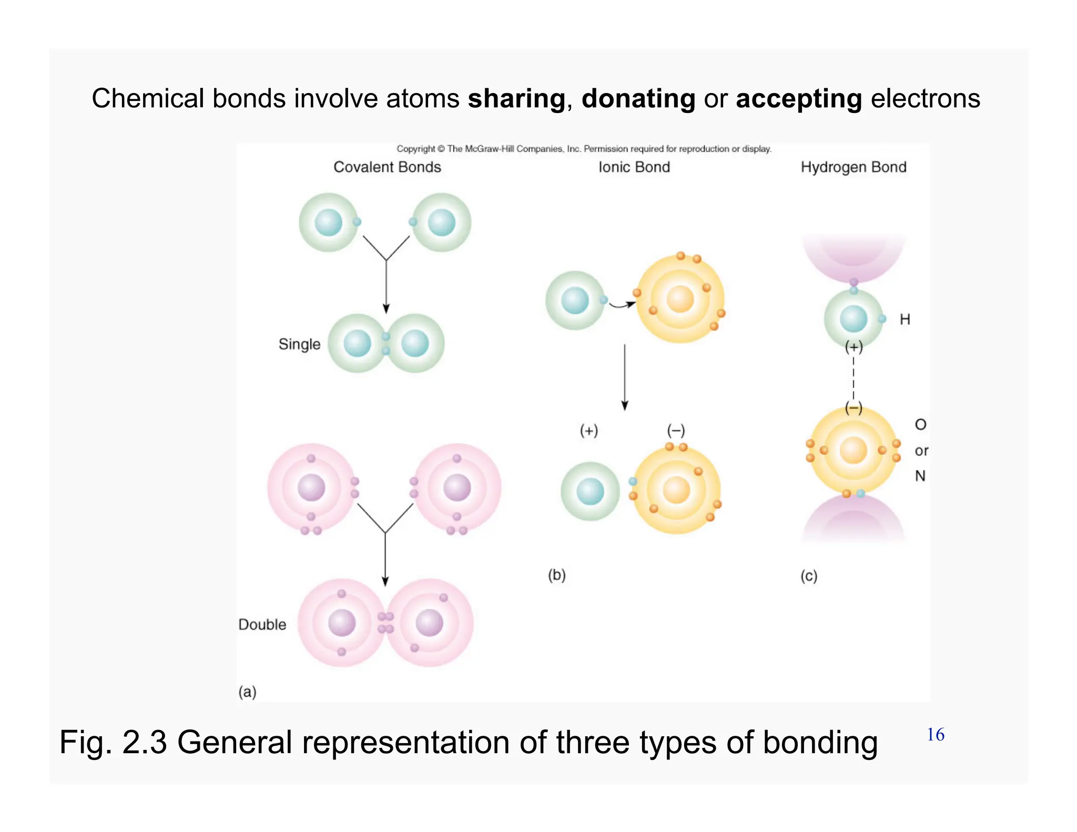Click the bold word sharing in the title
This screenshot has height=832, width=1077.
[x=516, y=99]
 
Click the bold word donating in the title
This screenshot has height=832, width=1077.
[x=638, y=99]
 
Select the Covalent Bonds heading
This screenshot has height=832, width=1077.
[x=387, y=167]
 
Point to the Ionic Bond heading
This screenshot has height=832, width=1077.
[x=634, y=167]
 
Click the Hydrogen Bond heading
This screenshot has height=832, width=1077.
[x=853, y=167]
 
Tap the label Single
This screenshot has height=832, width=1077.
[x=299, y=344]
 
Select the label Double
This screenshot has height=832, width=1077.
[x=262, y=625]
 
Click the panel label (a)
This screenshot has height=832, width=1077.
[x=247, y=692]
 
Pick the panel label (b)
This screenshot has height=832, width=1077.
[x=556, y=575]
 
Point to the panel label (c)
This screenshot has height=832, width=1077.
[x=809, y=576]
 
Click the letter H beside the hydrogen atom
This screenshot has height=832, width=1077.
[x=905, y=319]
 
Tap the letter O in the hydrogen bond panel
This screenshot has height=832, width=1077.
[x=920, y=424]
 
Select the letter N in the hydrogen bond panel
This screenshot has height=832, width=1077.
[x=920, y=476]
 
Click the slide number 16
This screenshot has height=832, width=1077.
[x=935, y=735]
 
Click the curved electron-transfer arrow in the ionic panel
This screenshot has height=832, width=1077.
[x=622, y=305]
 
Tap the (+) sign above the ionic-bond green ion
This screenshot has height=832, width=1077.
[x=588, y=431]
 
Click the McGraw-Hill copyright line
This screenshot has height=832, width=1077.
[x=584, y=149]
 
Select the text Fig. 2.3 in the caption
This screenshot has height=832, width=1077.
[x=113, y=743]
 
